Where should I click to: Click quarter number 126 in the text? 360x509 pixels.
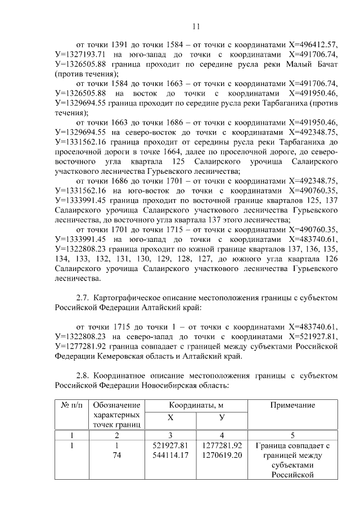pos(330,259)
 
